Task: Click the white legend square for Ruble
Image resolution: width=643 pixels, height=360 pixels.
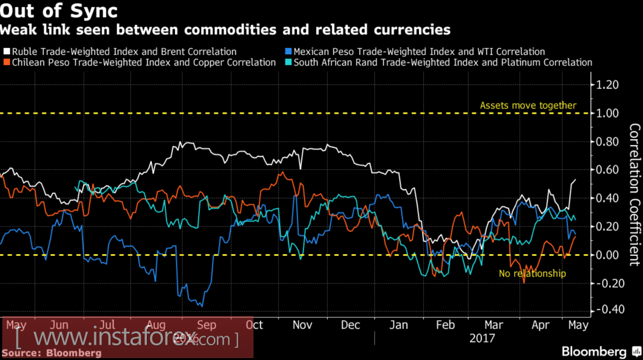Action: pyautogui.click(x=6, y=52)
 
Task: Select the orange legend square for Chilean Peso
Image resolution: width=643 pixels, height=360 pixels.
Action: pyautogui.click(x=6, y=63)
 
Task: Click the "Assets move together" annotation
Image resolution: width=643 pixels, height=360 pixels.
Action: pyautogui.click(x=528, y=105)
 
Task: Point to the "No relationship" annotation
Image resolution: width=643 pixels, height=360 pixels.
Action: pyautogui.click(x=532, y=273)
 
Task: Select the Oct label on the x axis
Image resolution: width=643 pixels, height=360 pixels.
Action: pyautogui.click(x=254, y=324)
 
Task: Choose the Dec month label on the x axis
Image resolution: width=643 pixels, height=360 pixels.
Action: pyautogui.click(x=350, y=324)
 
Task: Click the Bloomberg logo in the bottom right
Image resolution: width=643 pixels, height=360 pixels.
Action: pyautogui.click(x=594, y=352)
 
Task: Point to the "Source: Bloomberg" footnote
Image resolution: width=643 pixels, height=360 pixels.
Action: pyautogui.click(x=51, y=352)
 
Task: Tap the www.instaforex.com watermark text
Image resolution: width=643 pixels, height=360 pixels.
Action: pyautogui.click(x=128, y=338)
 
